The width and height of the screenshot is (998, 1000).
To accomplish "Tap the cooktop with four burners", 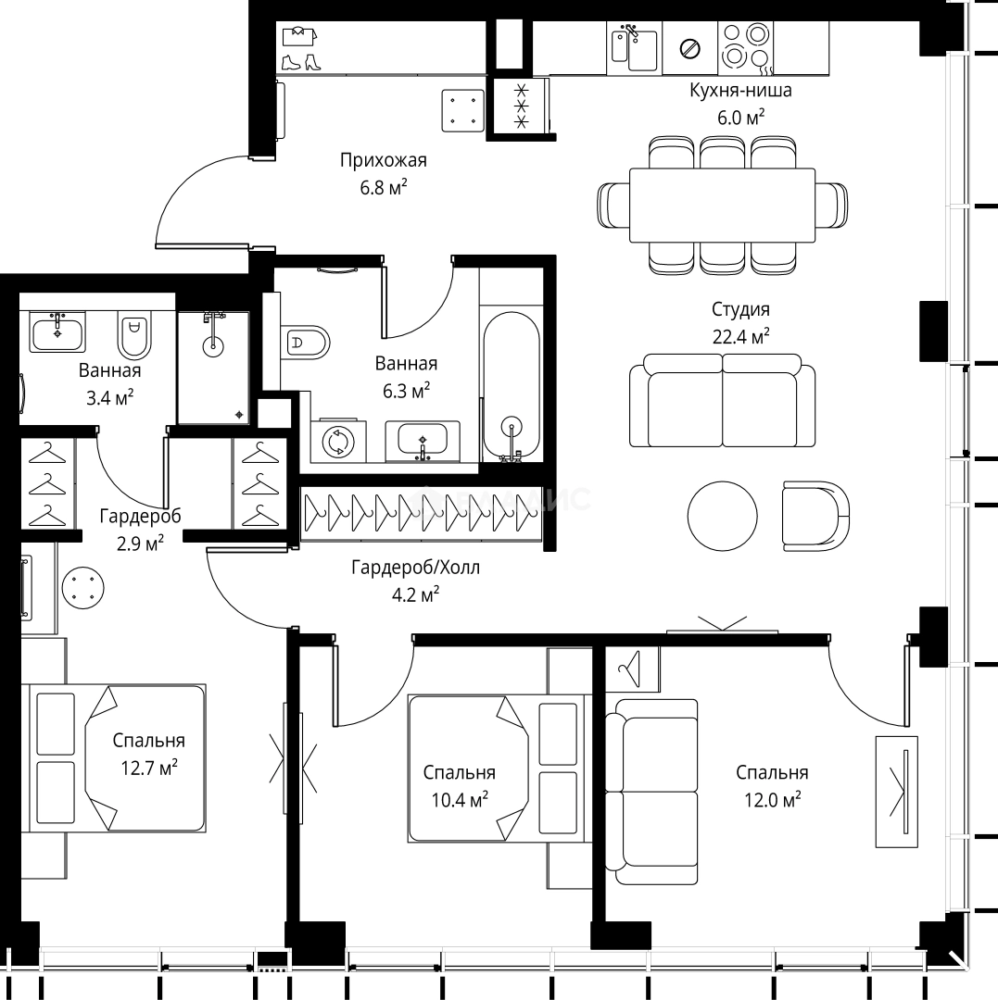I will [x=746, y=46].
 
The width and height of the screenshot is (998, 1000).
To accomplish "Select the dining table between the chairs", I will [x=722, y=205].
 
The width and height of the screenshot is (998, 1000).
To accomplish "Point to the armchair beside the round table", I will [x=815, y=515].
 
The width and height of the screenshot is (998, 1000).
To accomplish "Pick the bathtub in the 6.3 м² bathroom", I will [x=510, y=385].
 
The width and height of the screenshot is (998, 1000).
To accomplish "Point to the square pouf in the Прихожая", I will [x=462, y=109].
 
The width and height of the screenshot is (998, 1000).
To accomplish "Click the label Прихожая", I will [x=383, y=161].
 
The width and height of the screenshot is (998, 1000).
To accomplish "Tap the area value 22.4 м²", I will [x=740, y=337].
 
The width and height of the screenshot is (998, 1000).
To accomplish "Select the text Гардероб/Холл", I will [x=415, y=569].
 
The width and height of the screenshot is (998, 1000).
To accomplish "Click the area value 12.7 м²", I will [x=149, y=769].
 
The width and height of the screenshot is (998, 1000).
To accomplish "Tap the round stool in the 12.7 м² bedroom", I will [x=83, y=589].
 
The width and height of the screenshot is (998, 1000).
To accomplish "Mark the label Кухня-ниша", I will [x=739, y=91].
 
